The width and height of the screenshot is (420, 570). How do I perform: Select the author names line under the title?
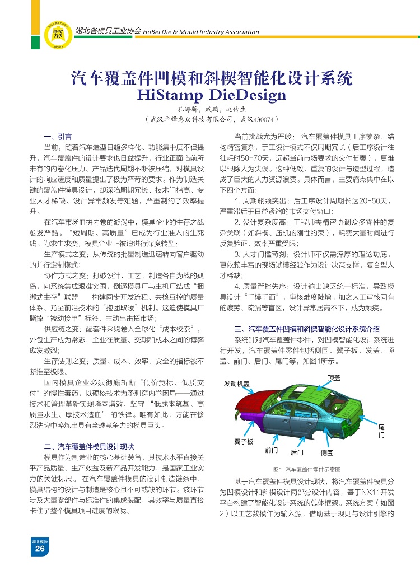click(211, 109)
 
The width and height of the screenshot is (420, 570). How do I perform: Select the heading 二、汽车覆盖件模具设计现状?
click(88, 446)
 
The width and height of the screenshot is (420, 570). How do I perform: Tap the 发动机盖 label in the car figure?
click(237, 384)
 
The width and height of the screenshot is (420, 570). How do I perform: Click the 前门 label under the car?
click(272, 451)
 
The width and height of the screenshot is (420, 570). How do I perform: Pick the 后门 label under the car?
click(297, 452)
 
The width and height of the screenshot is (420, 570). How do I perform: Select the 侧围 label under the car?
click(327, 452)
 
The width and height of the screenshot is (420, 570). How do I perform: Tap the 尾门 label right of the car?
click(381, 431)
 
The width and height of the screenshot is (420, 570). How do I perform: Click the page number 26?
click(40, 549)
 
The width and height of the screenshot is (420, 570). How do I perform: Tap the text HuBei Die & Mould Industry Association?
click(201, 32)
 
